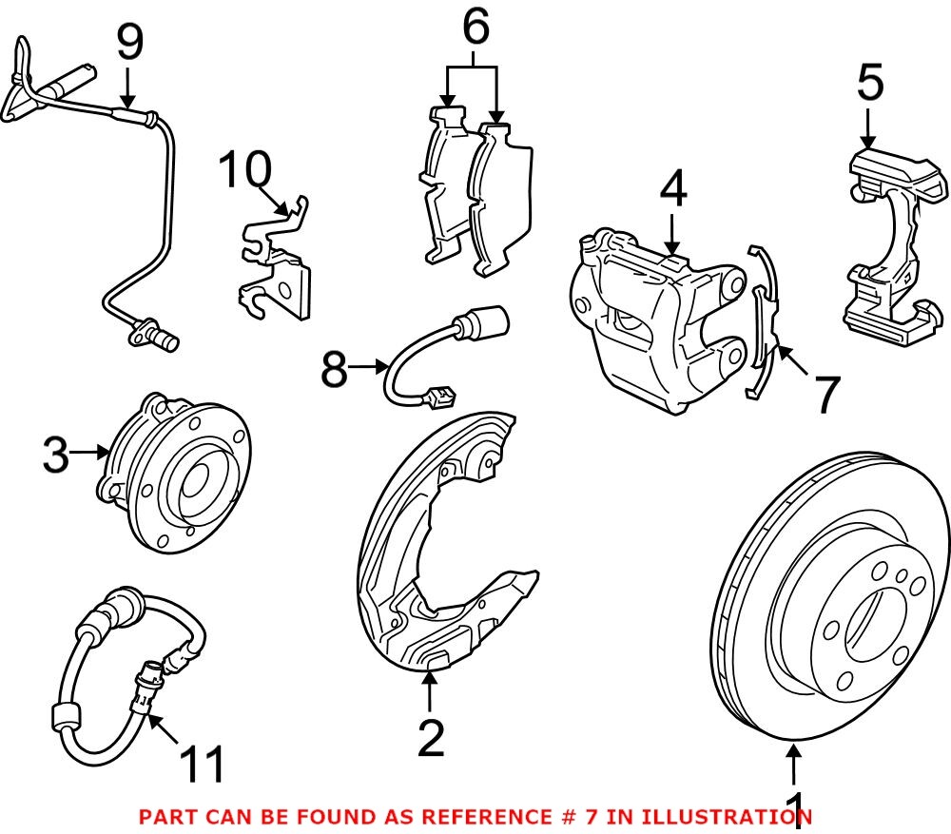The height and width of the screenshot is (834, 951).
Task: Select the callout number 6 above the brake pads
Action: point(475,29)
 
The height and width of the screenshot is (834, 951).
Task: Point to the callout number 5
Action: point(869,85)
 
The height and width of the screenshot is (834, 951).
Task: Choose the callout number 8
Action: point(334,369)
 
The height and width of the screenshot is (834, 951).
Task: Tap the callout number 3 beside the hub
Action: point(56,456)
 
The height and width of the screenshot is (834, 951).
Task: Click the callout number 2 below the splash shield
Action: point(430,739)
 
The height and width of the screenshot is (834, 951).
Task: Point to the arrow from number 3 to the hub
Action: point(92,454)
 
